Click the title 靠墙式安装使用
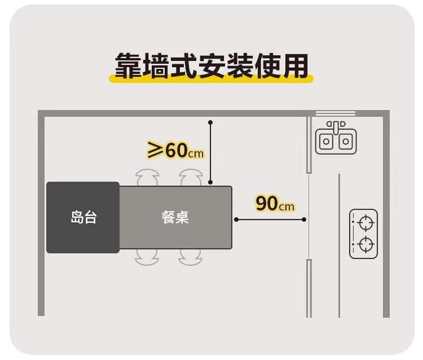coord(211,67)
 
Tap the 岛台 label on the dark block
coord(83,217)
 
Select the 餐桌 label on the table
coord(175,217)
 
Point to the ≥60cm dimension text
coord(175,151)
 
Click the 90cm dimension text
coord(275,203)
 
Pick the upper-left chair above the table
coord(148,178)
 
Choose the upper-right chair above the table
coord(191,178)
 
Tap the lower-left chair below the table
coord(148,257)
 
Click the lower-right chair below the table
coord(191,257)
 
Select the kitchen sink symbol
coord(336,139)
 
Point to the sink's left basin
coord(327,142)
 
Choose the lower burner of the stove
coord(366,245)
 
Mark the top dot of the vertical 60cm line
coord(210,122)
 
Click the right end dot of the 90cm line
coord(304,219)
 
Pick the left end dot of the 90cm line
coord(236,219)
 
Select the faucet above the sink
coord(336,125)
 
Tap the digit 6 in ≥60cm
coord(171,151)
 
